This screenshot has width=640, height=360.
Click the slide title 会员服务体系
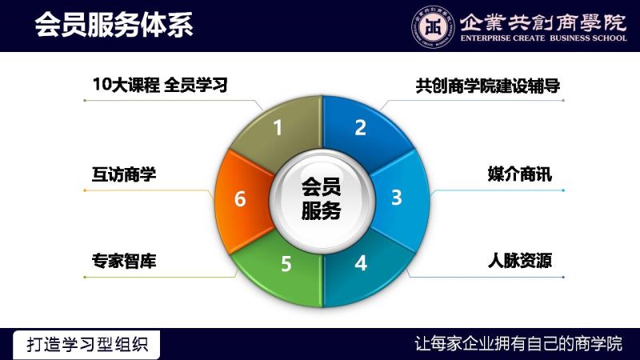(114, 24)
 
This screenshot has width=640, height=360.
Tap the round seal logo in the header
(433, 27)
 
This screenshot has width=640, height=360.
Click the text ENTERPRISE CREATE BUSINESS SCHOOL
(543, 38)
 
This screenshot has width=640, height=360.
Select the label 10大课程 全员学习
(160, 85)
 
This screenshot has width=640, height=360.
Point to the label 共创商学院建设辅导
(488, 86)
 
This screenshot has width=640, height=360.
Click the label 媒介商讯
(519, 174)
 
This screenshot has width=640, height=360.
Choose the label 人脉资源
(519, 261)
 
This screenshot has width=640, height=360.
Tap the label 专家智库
(124, 261)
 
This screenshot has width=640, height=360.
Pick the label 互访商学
(124, 174)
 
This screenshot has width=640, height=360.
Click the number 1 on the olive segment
(278, 128)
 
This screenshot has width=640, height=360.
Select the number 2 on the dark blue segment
(361, 128)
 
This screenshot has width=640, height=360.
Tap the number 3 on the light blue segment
(396, 197)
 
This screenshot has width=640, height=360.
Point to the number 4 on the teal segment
(361, 263)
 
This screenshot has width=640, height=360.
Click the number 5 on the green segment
(286, 264)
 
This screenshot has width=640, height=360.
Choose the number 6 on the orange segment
(240, 199)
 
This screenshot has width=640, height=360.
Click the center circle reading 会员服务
(322, 199)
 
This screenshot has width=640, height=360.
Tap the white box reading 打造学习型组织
(86, 345)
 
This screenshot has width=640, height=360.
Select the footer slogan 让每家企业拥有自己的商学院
(518, 344)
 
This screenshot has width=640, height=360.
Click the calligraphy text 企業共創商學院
(543, 22)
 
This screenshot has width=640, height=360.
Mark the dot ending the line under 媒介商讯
(563, 190)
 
